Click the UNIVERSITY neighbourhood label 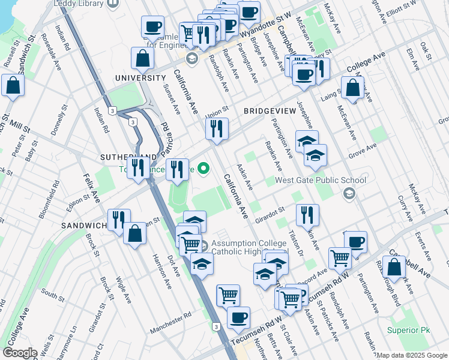point(140,78)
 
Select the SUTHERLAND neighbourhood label point(124,157)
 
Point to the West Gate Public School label point(320,180)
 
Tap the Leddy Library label point(79,3)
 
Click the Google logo point(20,353)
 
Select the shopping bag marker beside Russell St point(13,86)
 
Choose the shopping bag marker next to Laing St point(353,89)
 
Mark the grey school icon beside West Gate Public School point(349,193)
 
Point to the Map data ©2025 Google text point(412,355)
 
